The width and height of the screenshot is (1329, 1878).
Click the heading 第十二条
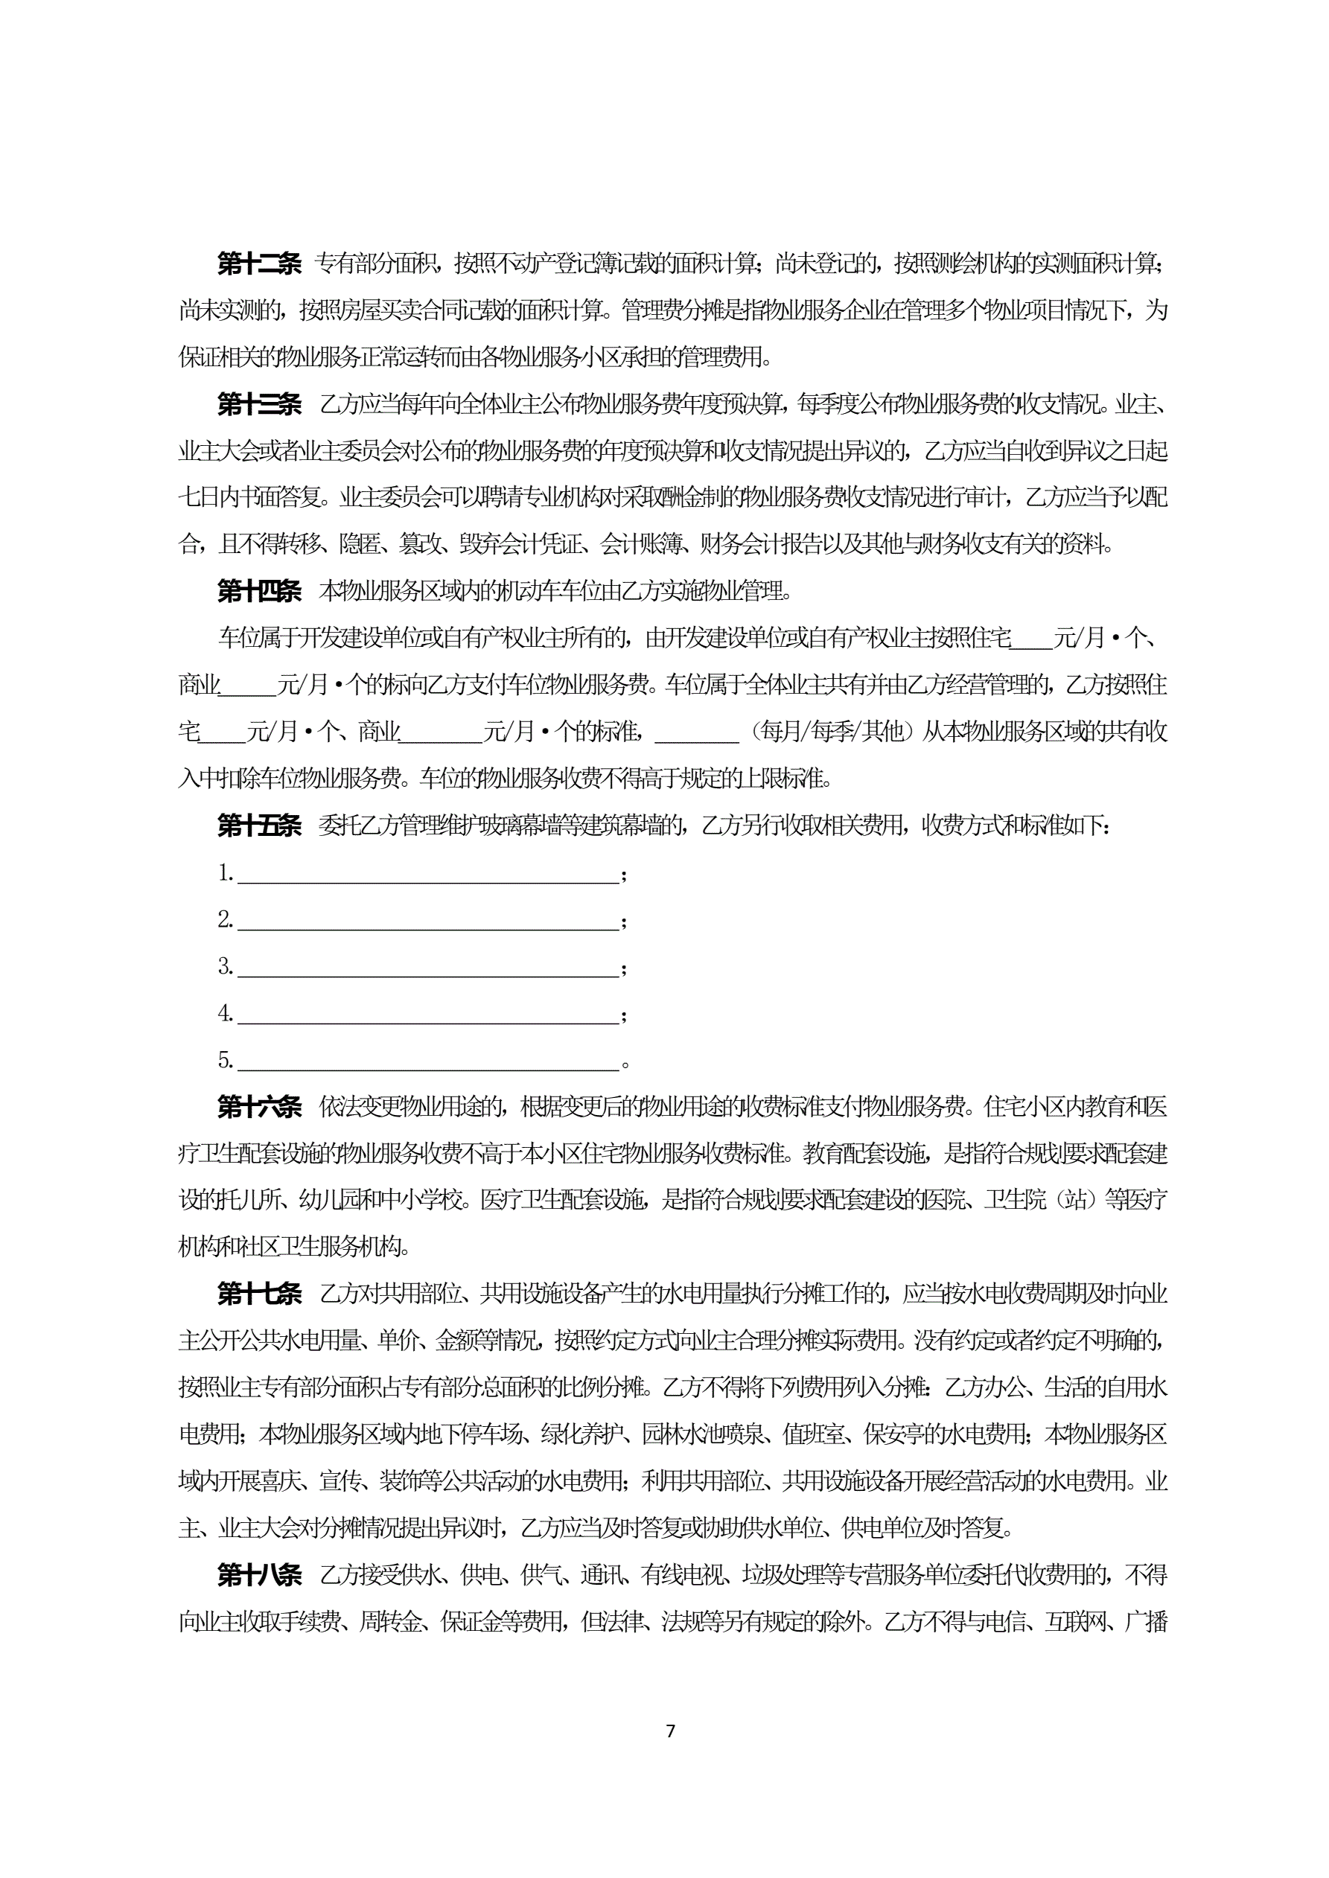tap(258, 264)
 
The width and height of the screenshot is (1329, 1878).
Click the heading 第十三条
tap(258, 404)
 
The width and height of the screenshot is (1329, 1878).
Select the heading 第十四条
tap(258, 590)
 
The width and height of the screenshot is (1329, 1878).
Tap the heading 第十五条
tap(258, 825)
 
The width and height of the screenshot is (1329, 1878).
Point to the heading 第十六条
tap(258, 1107)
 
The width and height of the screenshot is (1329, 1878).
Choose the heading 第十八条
tap(258, 1574)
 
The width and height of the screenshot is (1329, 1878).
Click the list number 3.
tap(225, 967)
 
